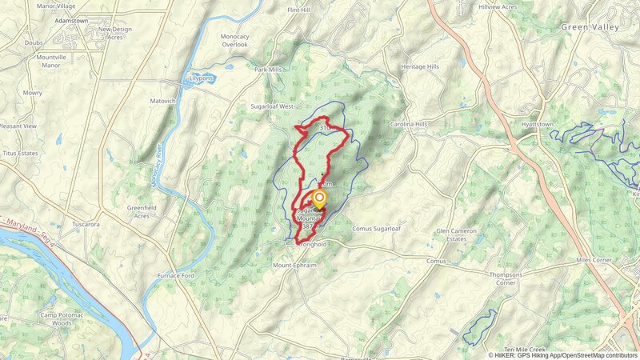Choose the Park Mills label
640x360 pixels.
269,70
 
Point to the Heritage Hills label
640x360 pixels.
420,67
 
